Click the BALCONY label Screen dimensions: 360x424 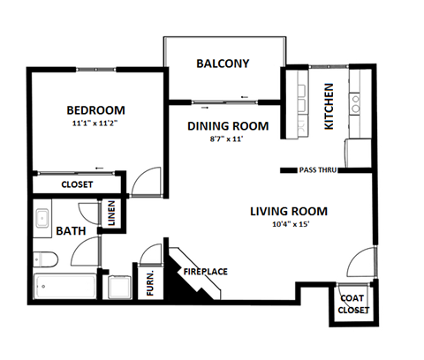click(223, 64)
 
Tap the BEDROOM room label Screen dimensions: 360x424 click(96, 110)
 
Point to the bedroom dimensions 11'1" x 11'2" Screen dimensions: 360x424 click(96, 124)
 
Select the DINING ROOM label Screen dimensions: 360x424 click(227, 126)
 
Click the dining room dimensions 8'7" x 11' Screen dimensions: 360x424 click(227, 139)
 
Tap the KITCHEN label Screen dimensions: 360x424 click(329, 107)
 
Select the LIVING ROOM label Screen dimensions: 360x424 click(288, 212)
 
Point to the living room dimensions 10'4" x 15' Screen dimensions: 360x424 click(288, 225)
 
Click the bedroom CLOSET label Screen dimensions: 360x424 click(78, 185)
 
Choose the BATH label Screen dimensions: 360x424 click(70, 231)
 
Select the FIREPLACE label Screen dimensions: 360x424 click(205, 272)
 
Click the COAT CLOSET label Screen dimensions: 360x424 click(352, 304)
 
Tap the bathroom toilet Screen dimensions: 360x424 click(44, 259)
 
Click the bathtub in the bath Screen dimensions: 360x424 click(65, 286)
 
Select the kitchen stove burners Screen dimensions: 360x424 click(357, 106)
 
